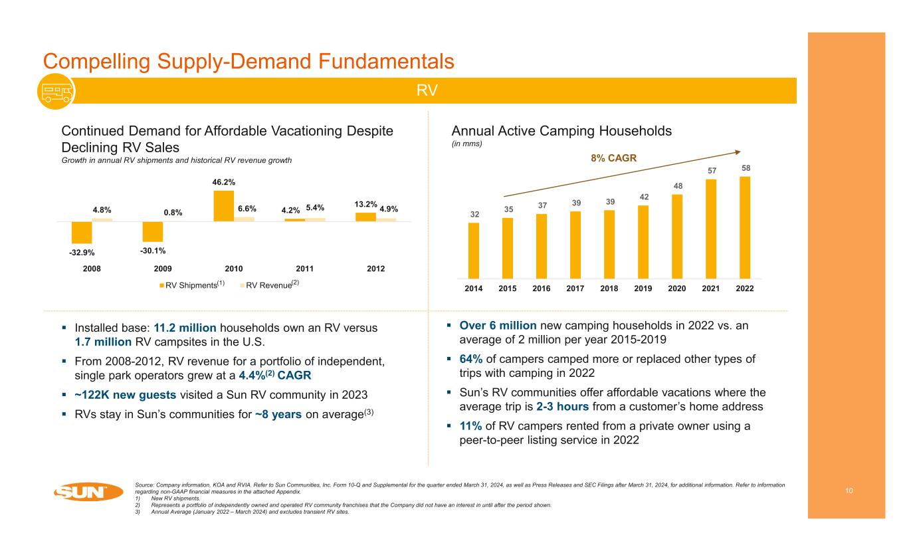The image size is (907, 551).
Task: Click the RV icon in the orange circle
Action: [52, 92]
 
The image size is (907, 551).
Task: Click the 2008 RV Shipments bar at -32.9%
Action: [82, 232]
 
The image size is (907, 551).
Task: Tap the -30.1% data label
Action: [153, 251]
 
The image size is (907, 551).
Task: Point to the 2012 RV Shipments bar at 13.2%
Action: [365, 217]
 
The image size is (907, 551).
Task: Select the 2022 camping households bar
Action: [745, 227]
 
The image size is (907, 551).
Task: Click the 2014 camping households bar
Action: [474, 250]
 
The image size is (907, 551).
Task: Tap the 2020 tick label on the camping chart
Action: [677, 288]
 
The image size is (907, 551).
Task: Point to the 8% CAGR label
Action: [614, 158]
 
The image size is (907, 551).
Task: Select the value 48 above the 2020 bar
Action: [677, 187]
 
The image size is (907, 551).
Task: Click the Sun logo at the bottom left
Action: [88, 493]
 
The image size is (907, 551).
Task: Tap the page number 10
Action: [849, 491]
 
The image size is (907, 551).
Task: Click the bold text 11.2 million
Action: [186, 328]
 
